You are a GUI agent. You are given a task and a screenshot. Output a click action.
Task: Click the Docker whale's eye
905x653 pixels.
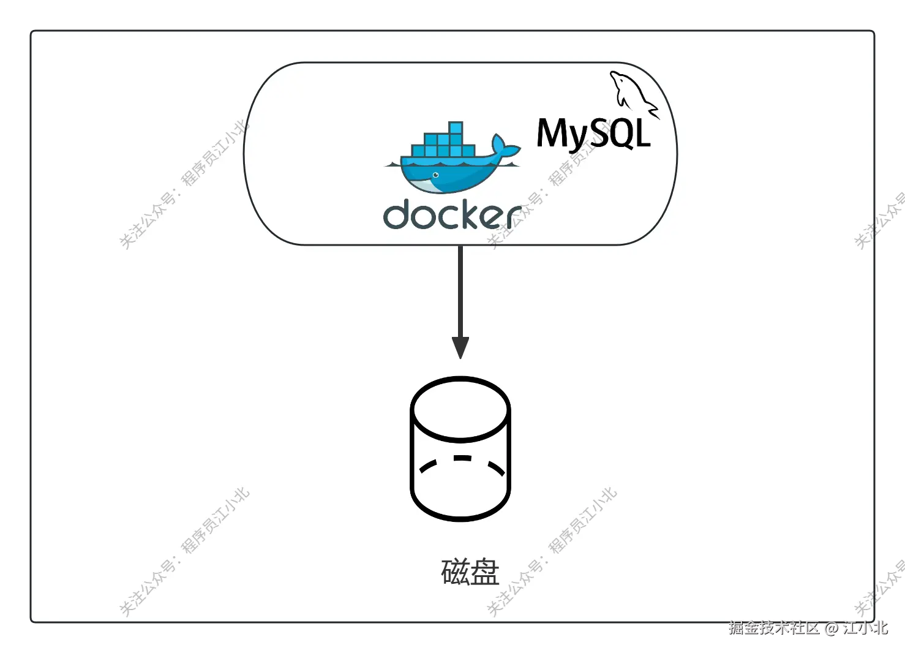pos(435,175)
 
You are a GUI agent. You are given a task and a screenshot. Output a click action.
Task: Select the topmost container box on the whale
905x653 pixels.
pos(456,127)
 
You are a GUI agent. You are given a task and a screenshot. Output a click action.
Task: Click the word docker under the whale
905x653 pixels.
pos(451,214)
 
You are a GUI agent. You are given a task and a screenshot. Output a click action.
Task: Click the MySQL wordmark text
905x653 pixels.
pos(593,134)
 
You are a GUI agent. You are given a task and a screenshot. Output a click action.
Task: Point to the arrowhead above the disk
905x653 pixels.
pos(460,347)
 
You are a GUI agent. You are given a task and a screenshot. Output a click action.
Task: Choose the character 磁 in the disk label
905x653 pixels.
pos(455,572)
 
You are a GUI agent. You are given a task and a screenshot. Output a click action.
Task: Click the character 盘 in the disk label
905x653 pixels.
pos(485,572)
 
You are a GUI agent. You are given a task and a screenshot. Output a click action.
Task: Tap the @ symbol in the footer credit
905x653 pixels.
pos(830,628)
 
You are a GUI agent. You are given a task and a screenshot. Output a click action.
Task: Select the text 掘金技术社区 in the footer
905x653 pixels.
pos(773,628)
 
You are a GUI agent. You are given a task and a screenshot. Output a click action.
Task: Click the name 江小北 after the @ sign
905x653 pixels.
pos(865,628)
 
